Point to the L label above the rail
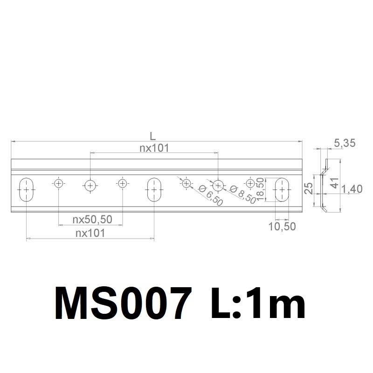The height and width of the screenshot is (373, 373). click(152, 136)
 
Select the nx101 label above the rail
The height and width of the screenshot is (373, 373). click(154, 148)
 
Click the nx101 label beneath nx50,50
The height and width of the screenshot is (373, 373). click(90, 233)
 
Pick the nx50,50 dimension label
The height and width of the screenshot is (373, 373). click(92, 219)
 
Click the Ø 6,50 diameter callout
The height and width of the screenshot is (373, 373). click(211, 195)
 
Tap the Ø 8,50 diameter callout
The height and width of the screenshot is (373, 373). click(242, 194)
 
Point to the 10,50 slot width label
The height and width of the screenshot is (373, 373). click(282, 227)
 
